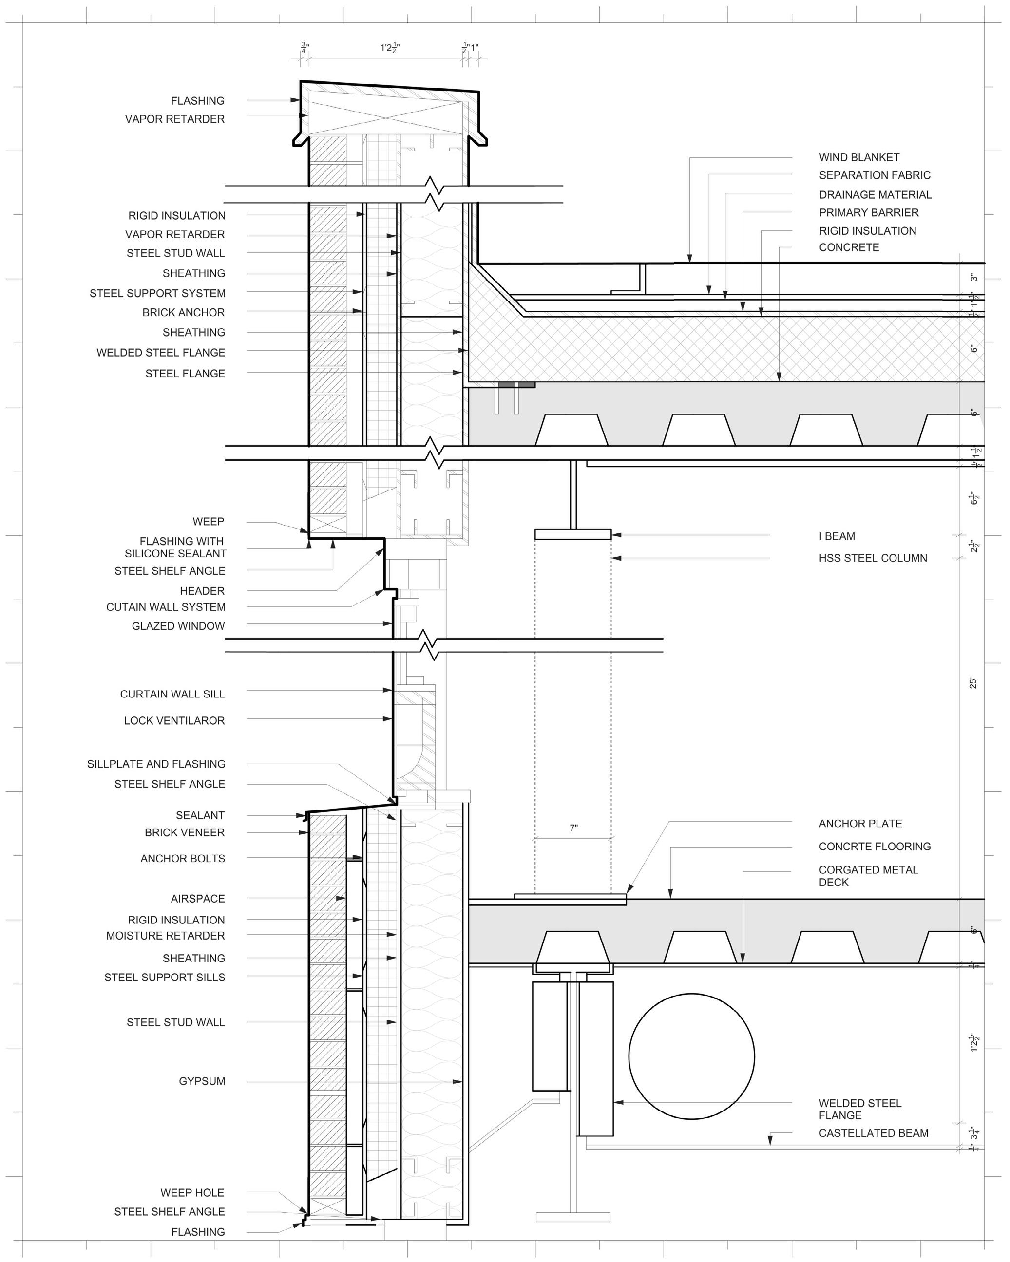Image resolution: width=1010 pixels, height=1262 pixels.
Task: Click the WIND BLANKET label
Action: (x=858, y=157)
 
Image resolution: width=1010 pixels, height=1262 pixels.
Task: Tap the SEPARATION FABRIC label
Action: (x=874, y=175)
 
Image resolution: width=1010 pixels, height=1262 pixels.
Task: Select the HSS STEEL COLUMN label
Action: (x=873, y=558)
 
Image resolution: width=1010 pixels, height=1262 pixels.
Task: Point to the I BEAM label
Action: (x=837, y=536)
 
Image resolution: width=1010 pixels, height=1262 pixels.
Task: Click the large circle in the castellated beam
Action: (x=691, y=1056)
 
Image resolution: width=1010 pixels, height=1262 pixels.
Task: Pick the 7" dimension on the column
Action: (x=573, y=828)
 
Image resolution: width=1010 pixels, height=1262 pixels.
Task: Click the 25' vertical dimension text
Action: (x=973, y=683)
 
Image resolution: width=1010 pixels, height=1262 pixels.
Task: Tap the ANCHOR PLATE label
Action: (x=859, y=824)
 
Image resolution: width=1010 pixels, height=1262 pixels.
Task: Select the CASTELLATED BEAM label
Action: (x=873, y=1133)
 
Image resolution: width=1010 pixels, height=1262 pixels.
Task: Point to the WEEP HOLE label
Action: (x=192, y=1192)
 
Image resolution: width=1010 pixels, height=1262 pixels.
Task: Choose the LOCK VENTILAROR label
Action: (x=174, y=720)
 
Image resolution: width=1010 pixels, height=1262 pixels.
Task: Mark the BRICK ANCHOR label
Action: (x=183, y=313)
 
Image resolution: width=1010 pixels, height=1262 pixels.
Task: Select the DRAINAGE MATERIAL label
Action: (x=875, y=195)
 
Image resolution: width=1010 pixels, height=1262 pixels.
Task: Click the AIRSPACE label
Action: (x=197, y=899)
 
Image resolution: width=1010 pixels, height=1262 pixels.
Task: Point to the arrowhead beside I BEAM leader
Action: (x=616, y=535)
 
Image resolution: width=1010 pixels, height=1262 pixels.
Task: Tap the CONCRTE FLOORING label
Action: (x=874, y=847)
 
